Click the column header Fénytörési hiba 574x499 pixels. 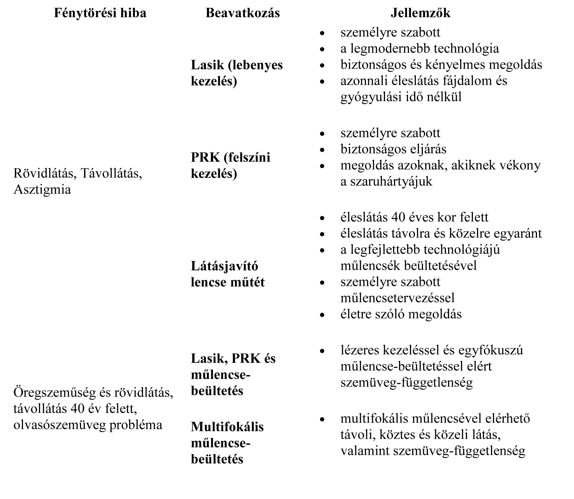pos(100,13)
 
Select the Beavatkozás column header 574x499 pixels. pos(243,13)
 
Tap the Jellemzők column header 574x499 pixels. pos(420,13)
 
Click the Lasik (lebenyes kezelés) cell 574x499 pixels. pos(237,73)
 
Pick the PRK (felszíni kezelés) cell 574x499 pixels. pos(230,165)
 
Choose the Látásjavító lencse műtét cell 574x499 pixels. pos(227,274)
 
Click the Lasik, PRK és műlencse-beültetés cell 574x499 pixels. pos(233,374)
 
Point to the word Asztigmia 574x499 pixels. pos(42,189)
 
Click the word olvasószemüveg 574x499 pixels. pos(59,425)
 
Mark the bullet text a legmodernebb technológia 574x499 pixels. pos(420,48)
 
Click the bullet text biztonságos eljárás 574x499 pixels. pos(393,149)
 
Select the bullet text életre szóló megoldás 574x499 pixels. pos(401,314)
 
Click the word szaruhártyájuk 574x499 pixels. pos(386,181)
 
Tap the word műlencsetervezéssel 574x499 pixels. pos(397,298)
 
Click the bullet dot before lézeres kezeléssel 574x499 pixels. pos(322,351)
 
